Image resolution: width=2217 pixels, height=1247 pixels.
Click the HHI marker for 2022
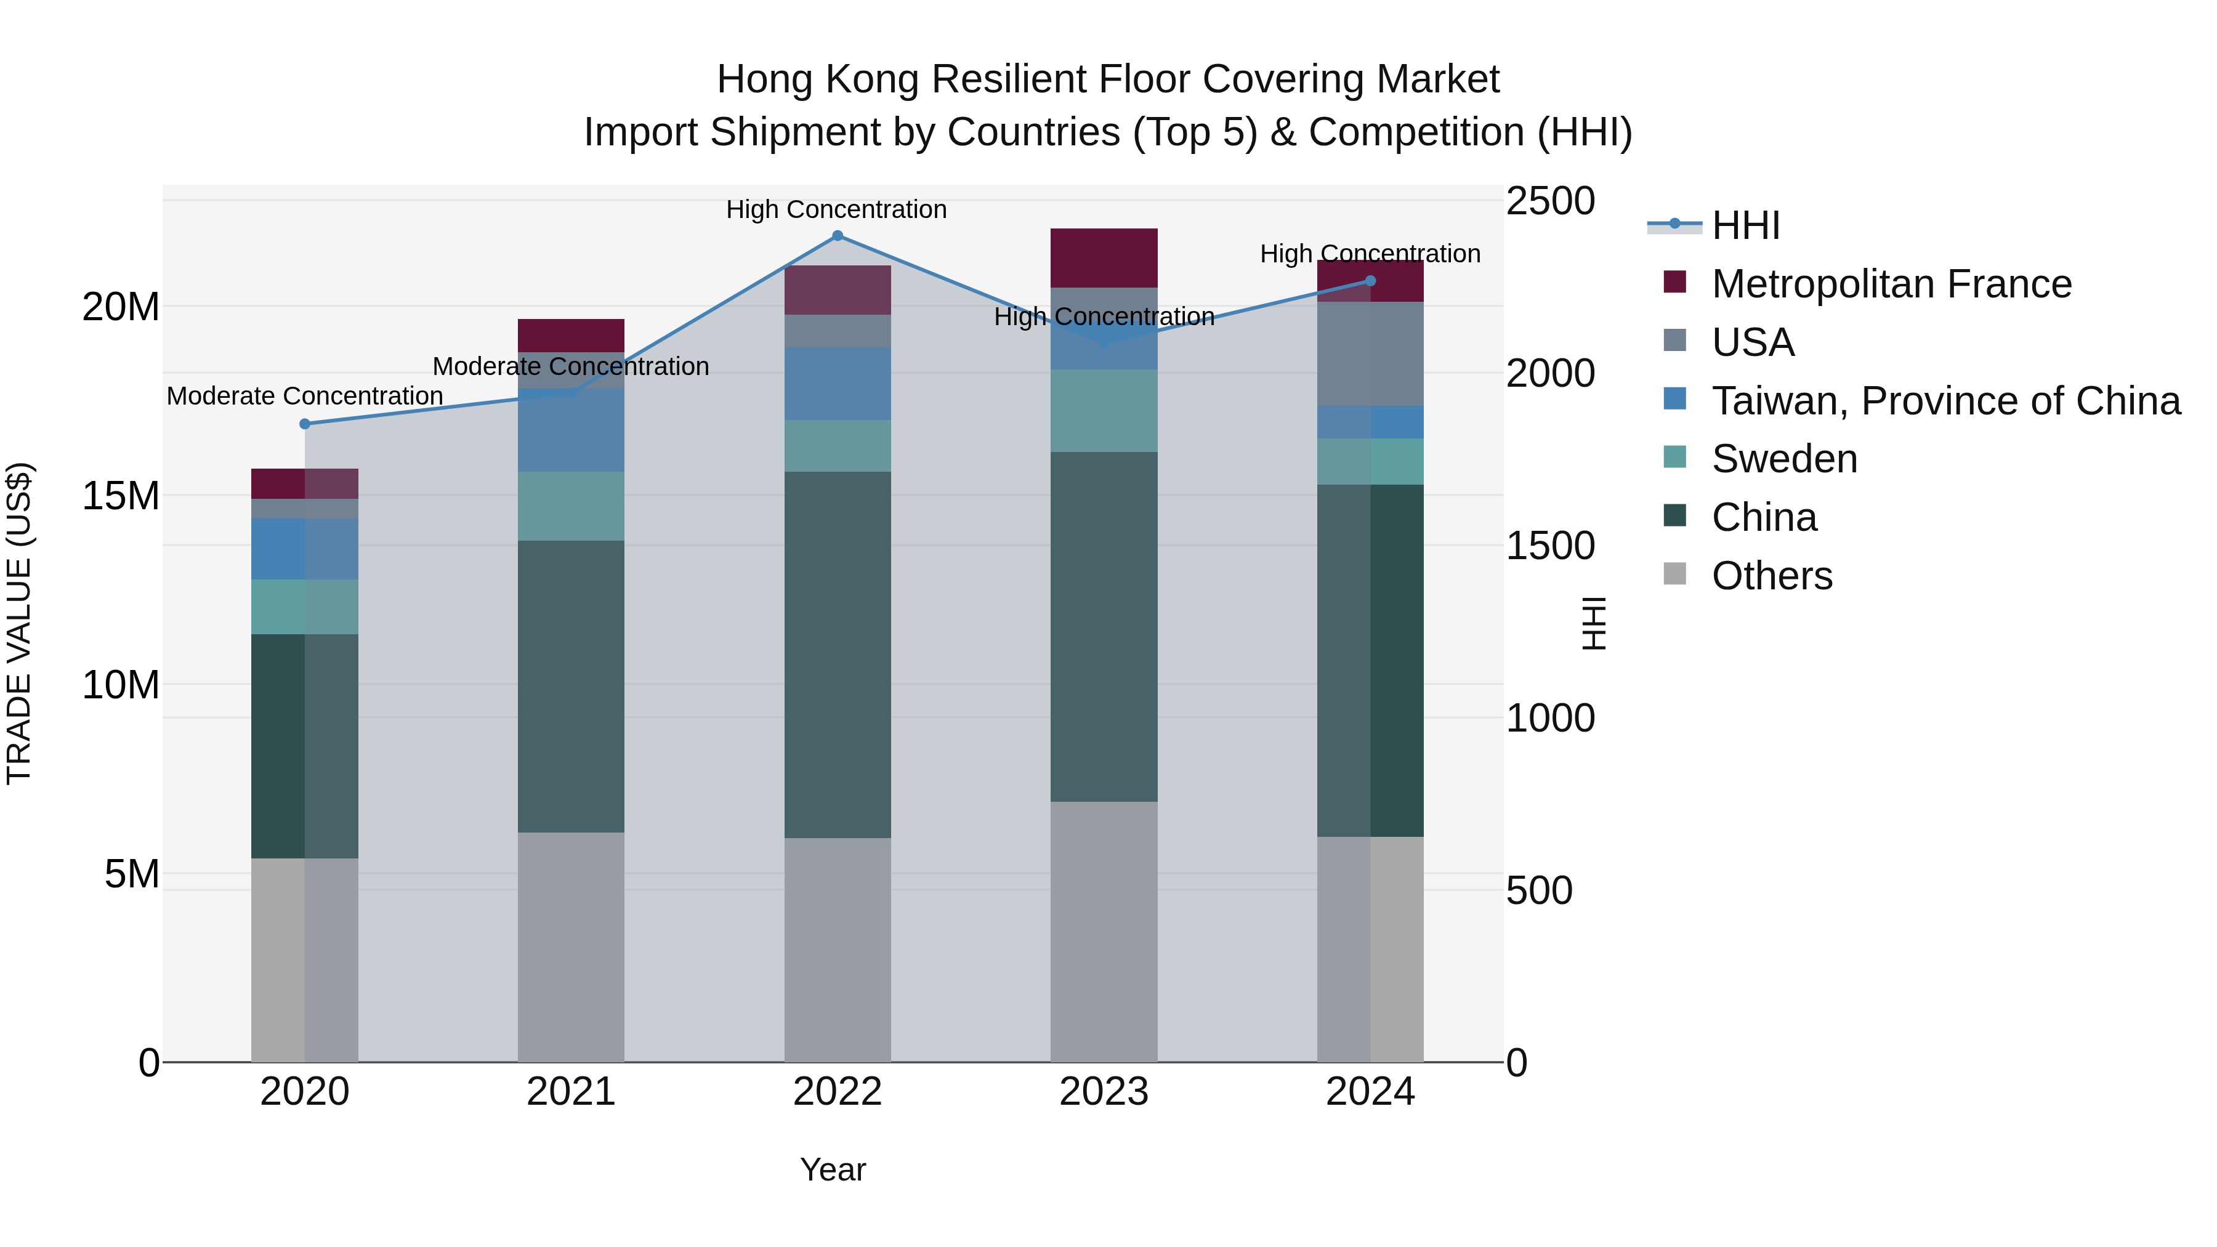[838, 236]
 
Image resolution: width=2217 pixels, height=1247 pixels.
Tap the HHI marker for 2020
[305, 424]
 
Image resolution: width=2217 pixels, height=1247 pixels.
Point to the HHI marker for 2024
[1371, 281]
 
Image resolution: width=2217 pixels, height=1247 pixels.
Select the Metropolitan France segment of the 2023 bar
[1104, 258]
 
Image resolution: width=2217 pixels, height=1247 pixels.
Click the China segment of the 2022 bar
[838, 654]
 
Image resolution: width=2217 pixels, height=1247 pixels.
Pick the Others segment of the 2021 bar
[571, 946]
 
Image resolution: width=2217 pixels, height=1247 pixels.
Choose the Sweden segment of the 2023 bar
[1104, 411]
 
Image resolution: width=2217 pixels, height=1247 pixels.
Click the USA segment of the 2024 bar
[1371, 353]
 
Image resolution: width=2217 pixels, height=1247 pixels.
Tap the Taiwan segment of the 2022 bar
[838, 384]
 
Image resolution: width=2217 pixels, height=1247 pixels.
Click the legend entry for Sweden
[1783, 459]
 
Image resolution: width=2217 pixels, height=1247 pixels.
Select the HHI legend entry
[1745, 225]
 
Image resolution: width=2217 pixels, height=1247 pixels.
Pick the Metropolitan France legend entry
[1891, 284]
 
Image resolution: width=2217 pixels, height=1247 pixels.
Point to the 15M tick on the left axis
[121, 496]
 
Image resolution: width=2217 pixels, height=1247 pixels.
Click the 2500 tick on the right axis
[1550, 201]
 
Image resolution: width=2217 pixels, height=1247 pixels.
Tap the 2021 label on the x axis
[571, 1092]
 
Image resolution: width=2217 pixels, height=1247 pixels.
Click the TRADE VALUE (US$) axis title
[19, 623]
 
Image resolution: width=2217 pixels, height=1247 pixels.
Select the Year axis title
[832, 1169]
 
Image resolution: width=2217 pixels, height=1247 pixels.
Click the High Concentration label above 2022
[836, 209]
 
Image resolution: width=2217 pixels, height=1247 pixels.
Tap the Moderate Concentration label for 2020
[305, 396]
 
